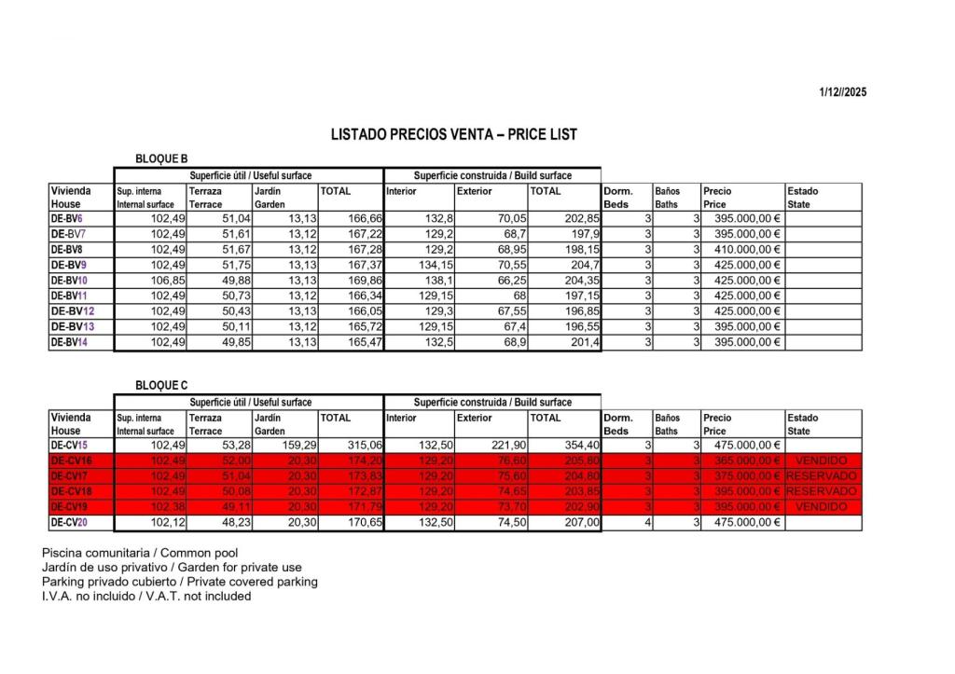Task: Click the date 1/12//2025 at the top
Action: [x=843, y=92]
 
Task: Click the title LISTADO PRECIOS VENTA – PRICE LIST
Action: [x=454, y=135]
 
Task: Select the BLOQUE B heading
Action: [x=161, y=159]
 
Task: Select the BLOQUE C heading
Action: [x=161, y=385]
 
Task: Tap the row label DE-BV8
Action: [x=66, y=250]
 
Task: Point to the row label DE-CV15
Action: [x=69, y=446]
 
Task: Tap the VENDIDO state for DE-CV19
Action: [x=823, y=506]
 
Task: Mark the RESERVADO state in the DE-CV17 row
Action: [x=823, y=476]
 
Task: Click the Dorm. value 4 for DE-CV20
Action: [x=646, y=523]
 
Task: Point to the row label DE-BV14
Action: [x=69, y=342]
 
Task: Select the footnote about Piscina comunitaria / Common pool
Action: [x=140, y=553]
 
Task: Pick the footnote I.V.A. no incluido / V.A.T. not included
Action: [x=146, y=596]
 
